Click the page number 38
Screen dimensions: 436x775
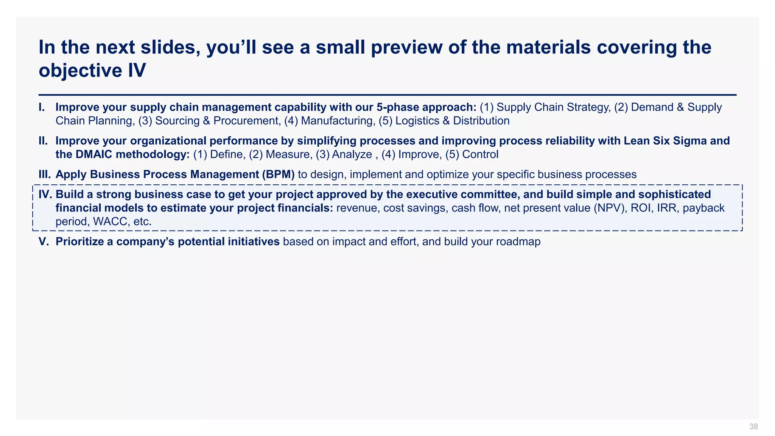[753, 427]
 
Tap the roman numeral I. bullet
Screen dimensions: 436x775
[42, 107]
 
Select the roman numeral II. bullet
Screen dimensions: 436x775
[43, 141]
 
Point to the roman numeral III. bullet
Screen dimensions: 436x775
[45, 174]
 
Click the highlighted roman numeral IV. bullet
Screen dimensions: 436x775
[46, 195]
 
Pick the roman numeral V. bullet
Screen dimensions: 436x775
[44, 241]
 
